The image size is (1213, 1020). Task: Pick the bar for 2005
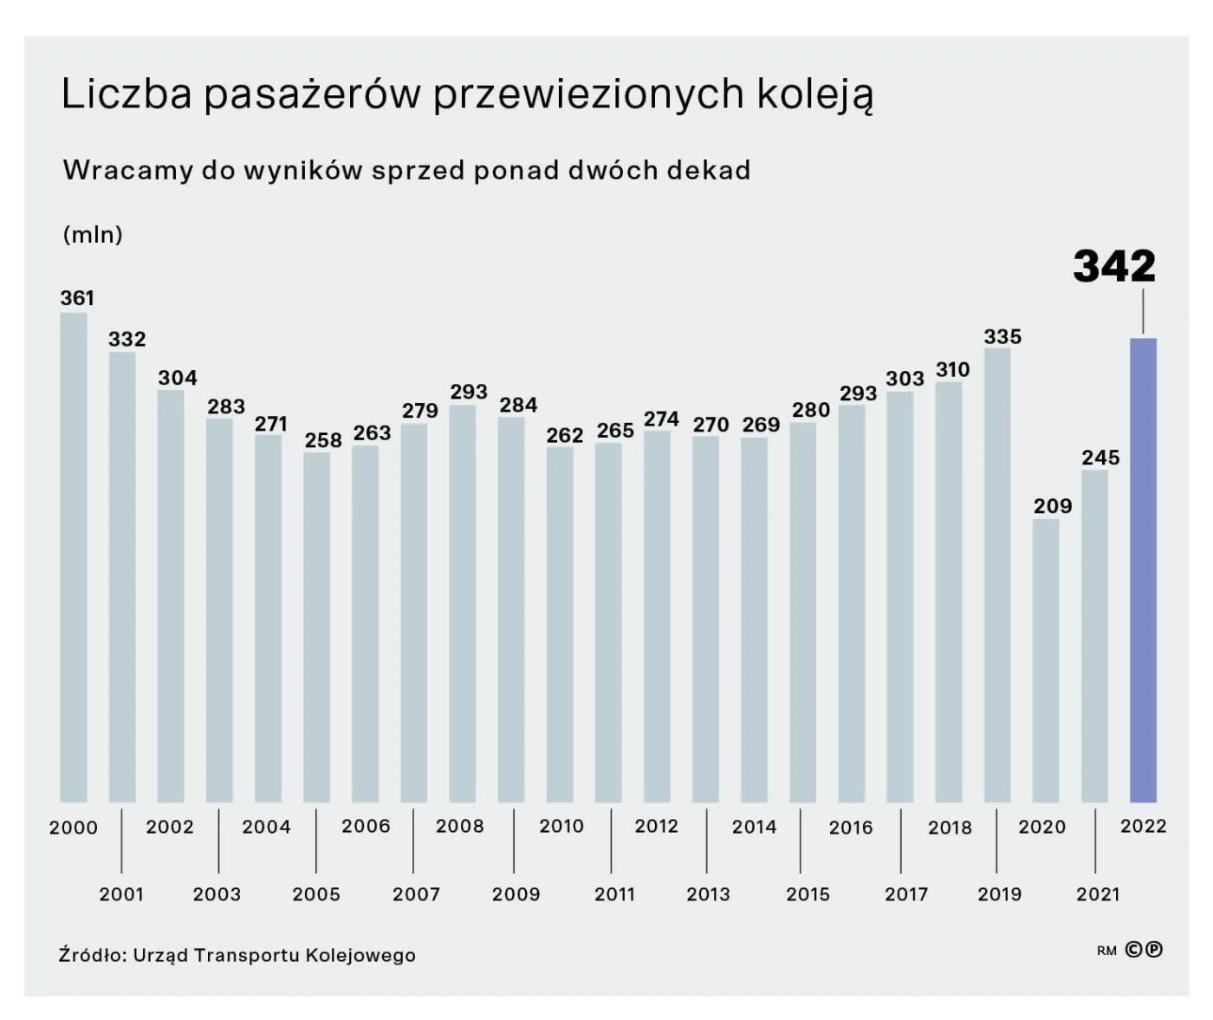tap(317, 627)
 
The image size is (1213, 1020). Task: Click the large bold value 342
tap(1114, 266)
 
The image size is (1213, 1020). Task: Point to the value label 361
tap(77, 298)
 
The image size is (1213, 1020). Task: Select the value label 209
tap(1053, 506)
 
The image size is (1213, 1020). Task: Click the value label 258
tap(323, 440)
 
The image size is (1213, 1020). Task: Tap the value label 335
tap(1002, 336)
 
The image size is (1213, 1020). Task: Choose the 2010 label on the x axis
tap(561, 827)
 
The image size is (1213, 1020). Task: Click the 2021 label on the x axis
tap(1098, 894)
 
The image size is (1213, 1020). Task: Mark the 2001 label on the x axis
tap(121, 894)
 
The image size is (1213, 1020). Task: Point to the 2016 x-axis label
tap(851, 828)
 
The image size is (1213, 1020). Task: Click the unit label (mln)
tap(93, 235)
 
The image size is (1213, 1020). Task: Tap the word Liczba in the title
tap(126, 94)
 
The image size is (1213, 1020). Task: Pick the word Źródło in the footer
tap(93, 955)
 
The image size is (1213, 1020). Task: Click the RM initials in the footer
tap(1106, 951)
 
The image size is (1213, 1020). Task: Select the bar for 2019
tap(997, 575)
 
